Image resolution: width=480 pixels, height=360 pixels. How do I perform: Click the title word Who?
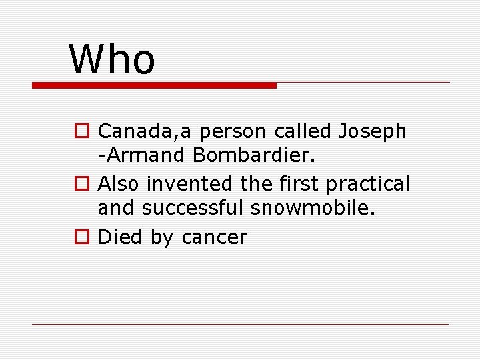click(112, 59)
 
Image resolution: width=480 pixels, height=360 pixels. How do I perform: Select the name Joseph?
click(372, 131)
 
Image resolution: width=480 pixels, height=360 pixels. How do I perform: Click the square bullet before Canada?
click(80, 131)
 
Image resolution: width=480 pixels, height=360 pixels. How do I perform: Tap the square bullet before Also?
click(80, 183)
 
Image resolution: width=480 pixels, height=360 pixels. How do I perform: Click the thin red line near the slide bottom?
click(240, 324)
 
